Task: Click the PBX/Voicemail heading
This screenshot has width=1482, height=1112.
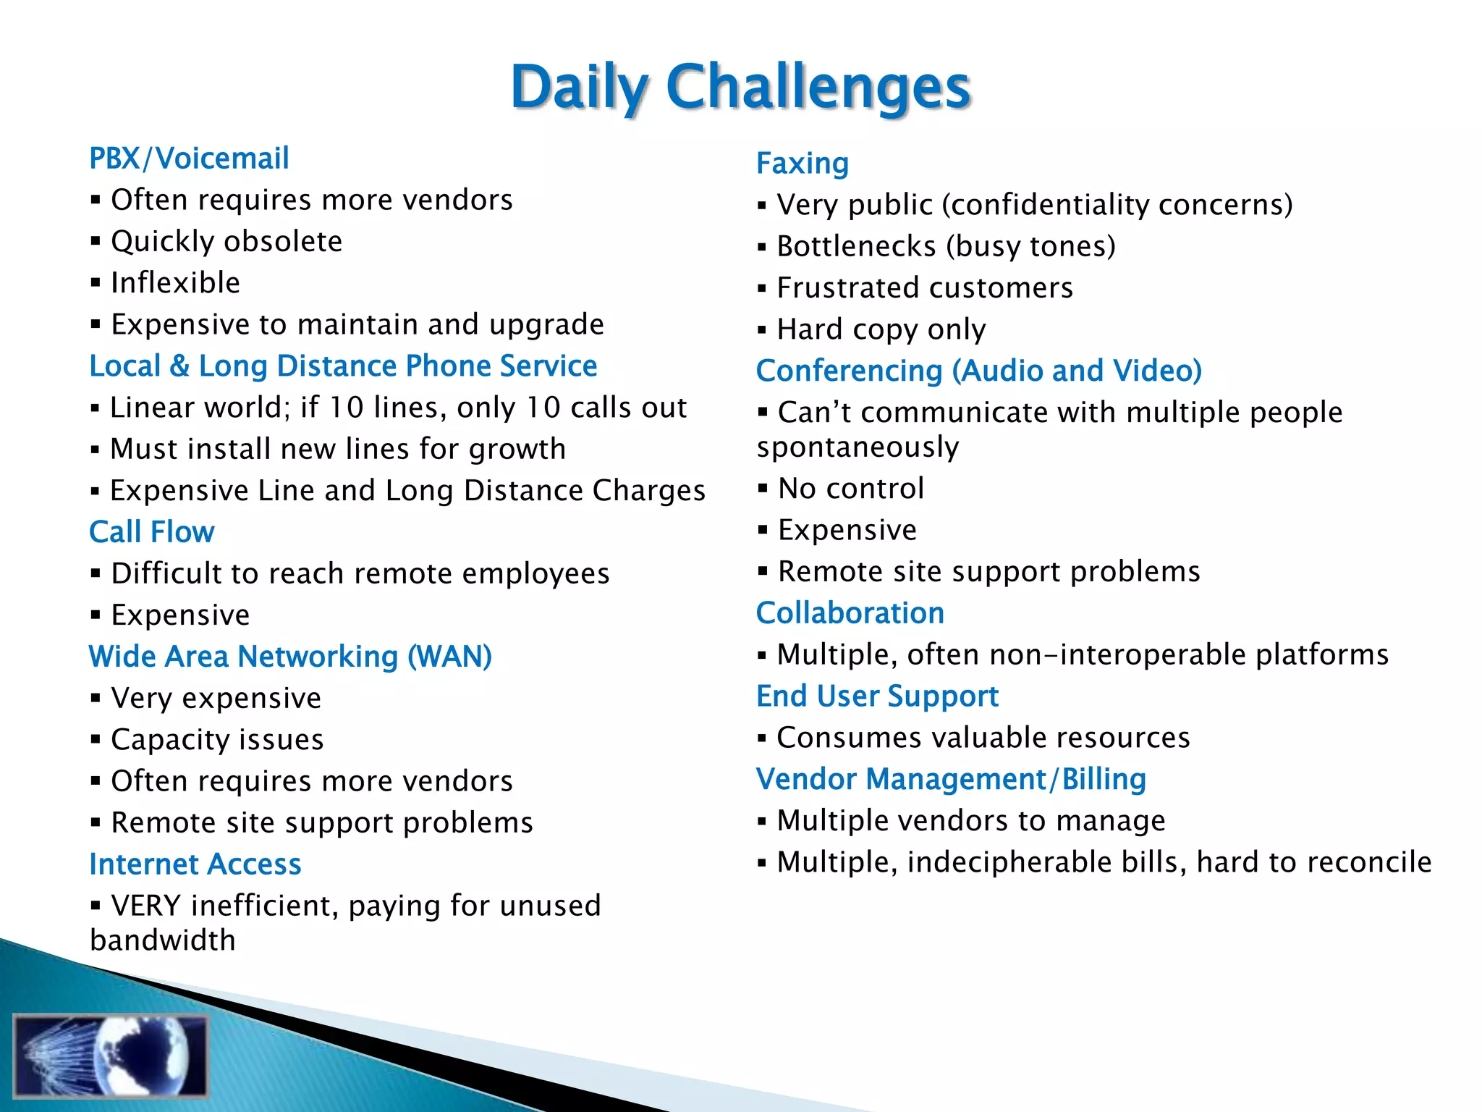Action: tap(189, 159)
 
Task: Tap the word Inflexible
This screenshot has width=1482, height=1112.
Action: tap(175, 283)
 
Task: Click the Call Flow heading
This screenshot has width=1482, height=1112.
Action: tap(151, 532)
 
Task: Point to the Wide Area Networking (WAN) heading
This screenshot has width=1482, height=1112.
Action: tap(290, 657)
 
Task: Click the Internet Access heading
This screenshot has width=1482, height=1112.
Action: tap(195, 864)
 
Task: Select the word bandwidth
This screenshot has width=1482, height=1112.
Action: tap(163, 940)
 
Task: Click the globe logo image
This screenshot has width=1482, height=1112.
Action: tap(110, 1055)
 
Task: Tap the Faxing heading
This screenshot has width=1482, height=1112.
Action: tap(802, 164)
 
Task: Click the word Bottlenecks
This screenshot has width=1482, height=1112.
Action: tap(856, 247)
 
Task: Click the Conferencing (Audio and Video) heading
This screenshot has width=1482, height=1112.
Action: tap(978, 371)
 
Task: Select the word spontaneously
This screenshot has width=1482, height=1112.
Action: tap(858, 447)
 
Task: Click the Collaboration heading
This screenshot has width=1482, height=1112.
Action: tap(850, 613)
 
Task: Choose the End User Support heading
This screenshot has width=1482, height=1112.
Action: tap(877, 696)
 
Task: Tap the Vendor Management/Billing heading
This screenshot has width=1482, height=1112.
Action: tap(951, 780)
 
